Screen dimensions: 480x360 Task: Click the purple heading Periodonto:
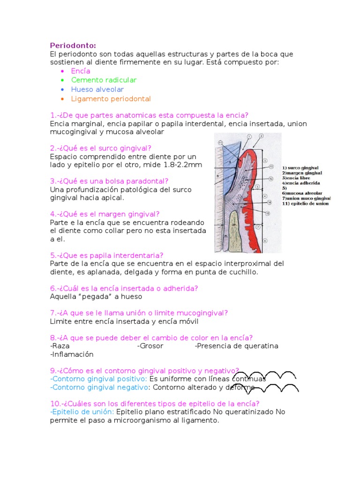click(x=73, y=45)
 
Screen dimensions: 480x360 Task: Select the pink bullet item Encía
click(x=81, y=71)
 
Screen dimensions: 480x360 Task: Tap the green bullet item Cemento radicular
click(x=104, y=80)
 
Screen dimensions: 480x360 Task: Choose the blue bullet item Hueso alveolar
click(x=97, y=90)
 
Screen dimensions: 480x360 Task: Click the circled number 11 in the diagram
click(x=221, y=142)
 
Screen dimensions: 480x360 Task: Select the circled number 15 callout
click(x=268, y=214)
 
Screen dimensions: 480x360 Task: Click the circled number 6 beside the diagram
click(x=264, y=241)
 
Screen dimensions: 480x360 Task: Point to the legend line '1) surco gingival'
click(x=300, y=167)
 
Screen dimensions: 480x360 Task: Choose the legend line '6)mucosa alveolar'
click(x=302, y=192)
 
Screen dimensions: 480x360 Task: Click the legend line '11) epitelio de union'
click(x=305, y=203)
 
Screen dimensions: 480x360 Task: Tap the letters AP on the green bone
click(x=234, y=225)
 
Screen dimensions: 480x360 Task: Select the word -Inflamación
click(x=72, y=354)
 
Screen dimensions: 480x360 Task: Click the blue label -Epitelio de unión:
click(x=82, y=412)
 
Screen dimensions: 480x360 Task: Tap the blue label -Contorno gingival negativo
click(x=99, y=387)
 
